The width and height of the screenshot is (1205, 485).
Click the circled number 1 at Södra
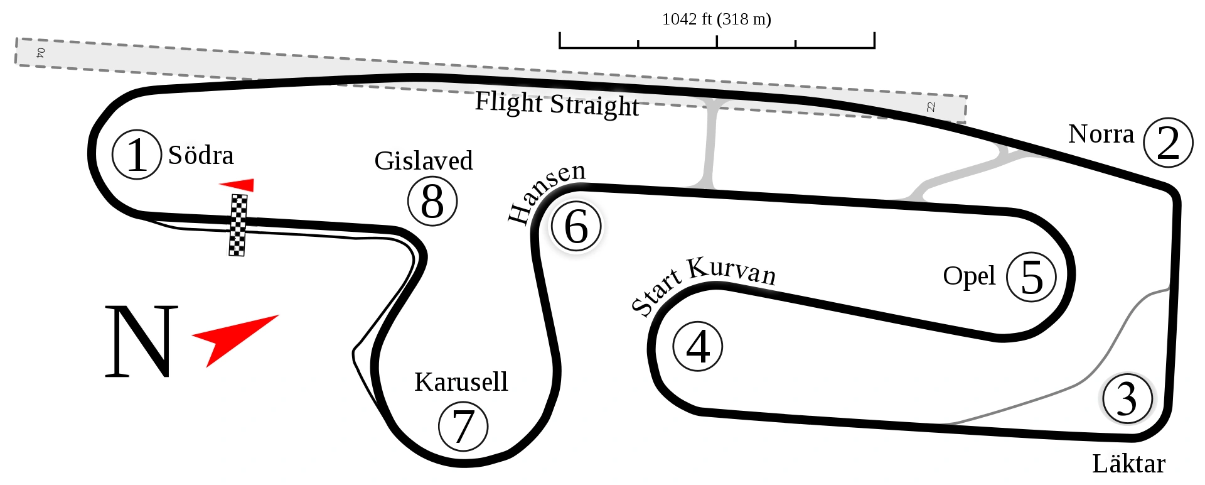(137, 155)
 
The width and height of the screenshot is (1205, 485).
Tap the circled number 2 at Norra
(1167, 143)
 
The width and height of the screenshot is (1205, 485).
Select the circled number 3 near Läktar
(1127, 398)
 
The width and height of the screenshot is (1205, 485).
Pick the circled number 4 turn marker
(698, 346)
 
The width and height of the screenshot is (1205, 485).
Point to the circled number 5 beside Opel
(1031, 276)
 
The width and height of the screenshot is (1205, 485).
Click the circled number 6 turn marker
(576, 226)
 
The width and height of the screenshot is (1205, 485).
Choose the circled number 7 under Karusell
(463, 426)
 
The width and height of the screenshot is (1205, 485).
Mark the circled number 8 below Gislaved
(432, 202)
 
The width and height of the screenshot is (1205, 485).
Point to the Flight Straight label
(557, 104)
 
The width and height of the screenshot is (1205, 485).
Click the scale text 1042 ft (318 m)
(716, 19)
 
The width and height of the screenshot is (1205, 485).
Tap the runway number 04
(41, 52)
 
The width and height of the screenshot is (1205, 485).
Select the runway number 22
(931, 107)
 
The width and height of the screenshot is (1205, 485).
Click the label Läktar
(1128, 464)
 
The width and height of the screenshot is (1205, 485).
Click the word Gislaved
(424, 161)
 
